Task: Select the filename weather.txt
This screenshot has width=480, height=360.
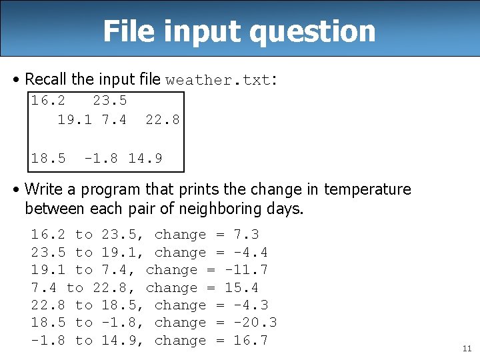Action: click(x=219, y=80)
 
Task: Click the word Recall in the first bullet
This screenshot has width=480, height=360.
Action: click(x=45, y=79)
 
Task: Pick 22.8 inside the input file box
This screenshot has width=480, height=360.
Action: click(x=162, y=119)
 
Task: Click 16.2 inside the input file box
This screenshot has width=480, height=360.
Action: click(x=48, y=101)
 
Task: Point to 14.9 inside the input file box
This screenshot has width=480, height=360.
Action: click(x=145, y=159)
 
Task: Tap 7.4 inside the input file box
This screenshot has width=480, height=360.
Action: click(x=114, y=119)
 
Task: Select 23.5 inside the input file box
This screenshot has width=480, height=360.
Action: click(x=109, y=101)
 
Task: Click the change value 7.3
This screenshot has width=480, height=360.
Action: click(x=246, y=235)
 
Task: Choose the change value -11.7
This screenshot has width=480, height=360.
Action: click(x=246, y=270)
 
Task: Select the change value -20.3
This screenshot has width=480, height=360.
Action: click(x=255, y=323)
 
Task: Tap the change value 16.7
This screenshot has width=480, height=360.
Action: click(x=251, y=341)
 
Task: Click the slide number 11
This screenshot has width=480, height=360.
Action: click(x=465, y=348)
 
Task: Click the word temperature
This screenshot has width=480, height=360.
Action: click(x=367, y=189)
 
